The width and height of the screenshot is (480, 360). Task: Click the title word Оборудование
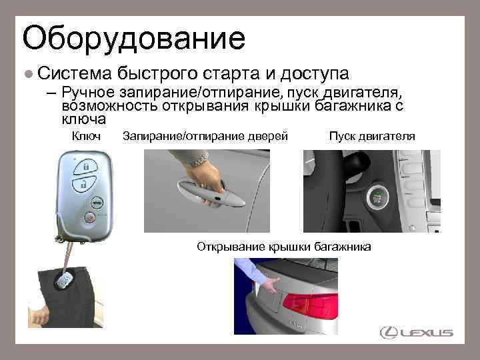(x=133, y=39)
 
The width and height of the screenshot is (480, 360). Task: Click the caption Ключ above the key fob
(x=86, y=136)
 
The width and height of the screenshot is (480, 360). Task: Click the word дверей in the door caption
(x=269, y=136)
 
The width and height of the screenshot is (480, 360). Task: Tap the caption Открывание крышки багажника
(x=283, y=247)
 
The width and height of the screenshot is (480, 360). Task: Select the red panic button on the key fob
(x=88, y=217)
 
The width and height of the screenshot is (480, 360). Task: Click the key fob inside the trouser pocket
(x=65, y=282)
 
